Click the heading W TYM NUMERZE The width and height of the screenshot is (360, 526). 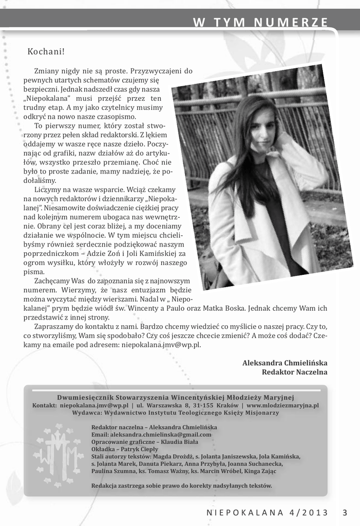[x=260, y=23]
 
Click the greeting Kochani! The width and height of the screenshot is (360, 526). [x=46, y=51]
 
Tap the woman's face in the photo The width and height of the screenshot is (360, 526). [x=262, y=129]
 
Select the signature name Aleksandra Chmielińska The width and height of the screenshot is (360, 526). [x=285, y=363]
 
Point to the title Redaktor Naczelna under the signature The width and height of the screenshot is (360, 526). [x=294, y=372]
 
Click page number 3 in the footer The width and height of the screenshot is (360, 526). [x=345, y=512]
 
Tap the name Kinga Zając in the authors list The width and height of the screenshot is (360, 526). [x=259, y=471]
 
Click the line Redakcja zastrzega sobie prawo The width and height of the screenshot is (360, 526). [x=181, y=485]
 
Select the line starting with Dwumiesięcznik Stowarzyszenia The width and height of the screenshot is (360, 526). [x=175, y=397]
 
